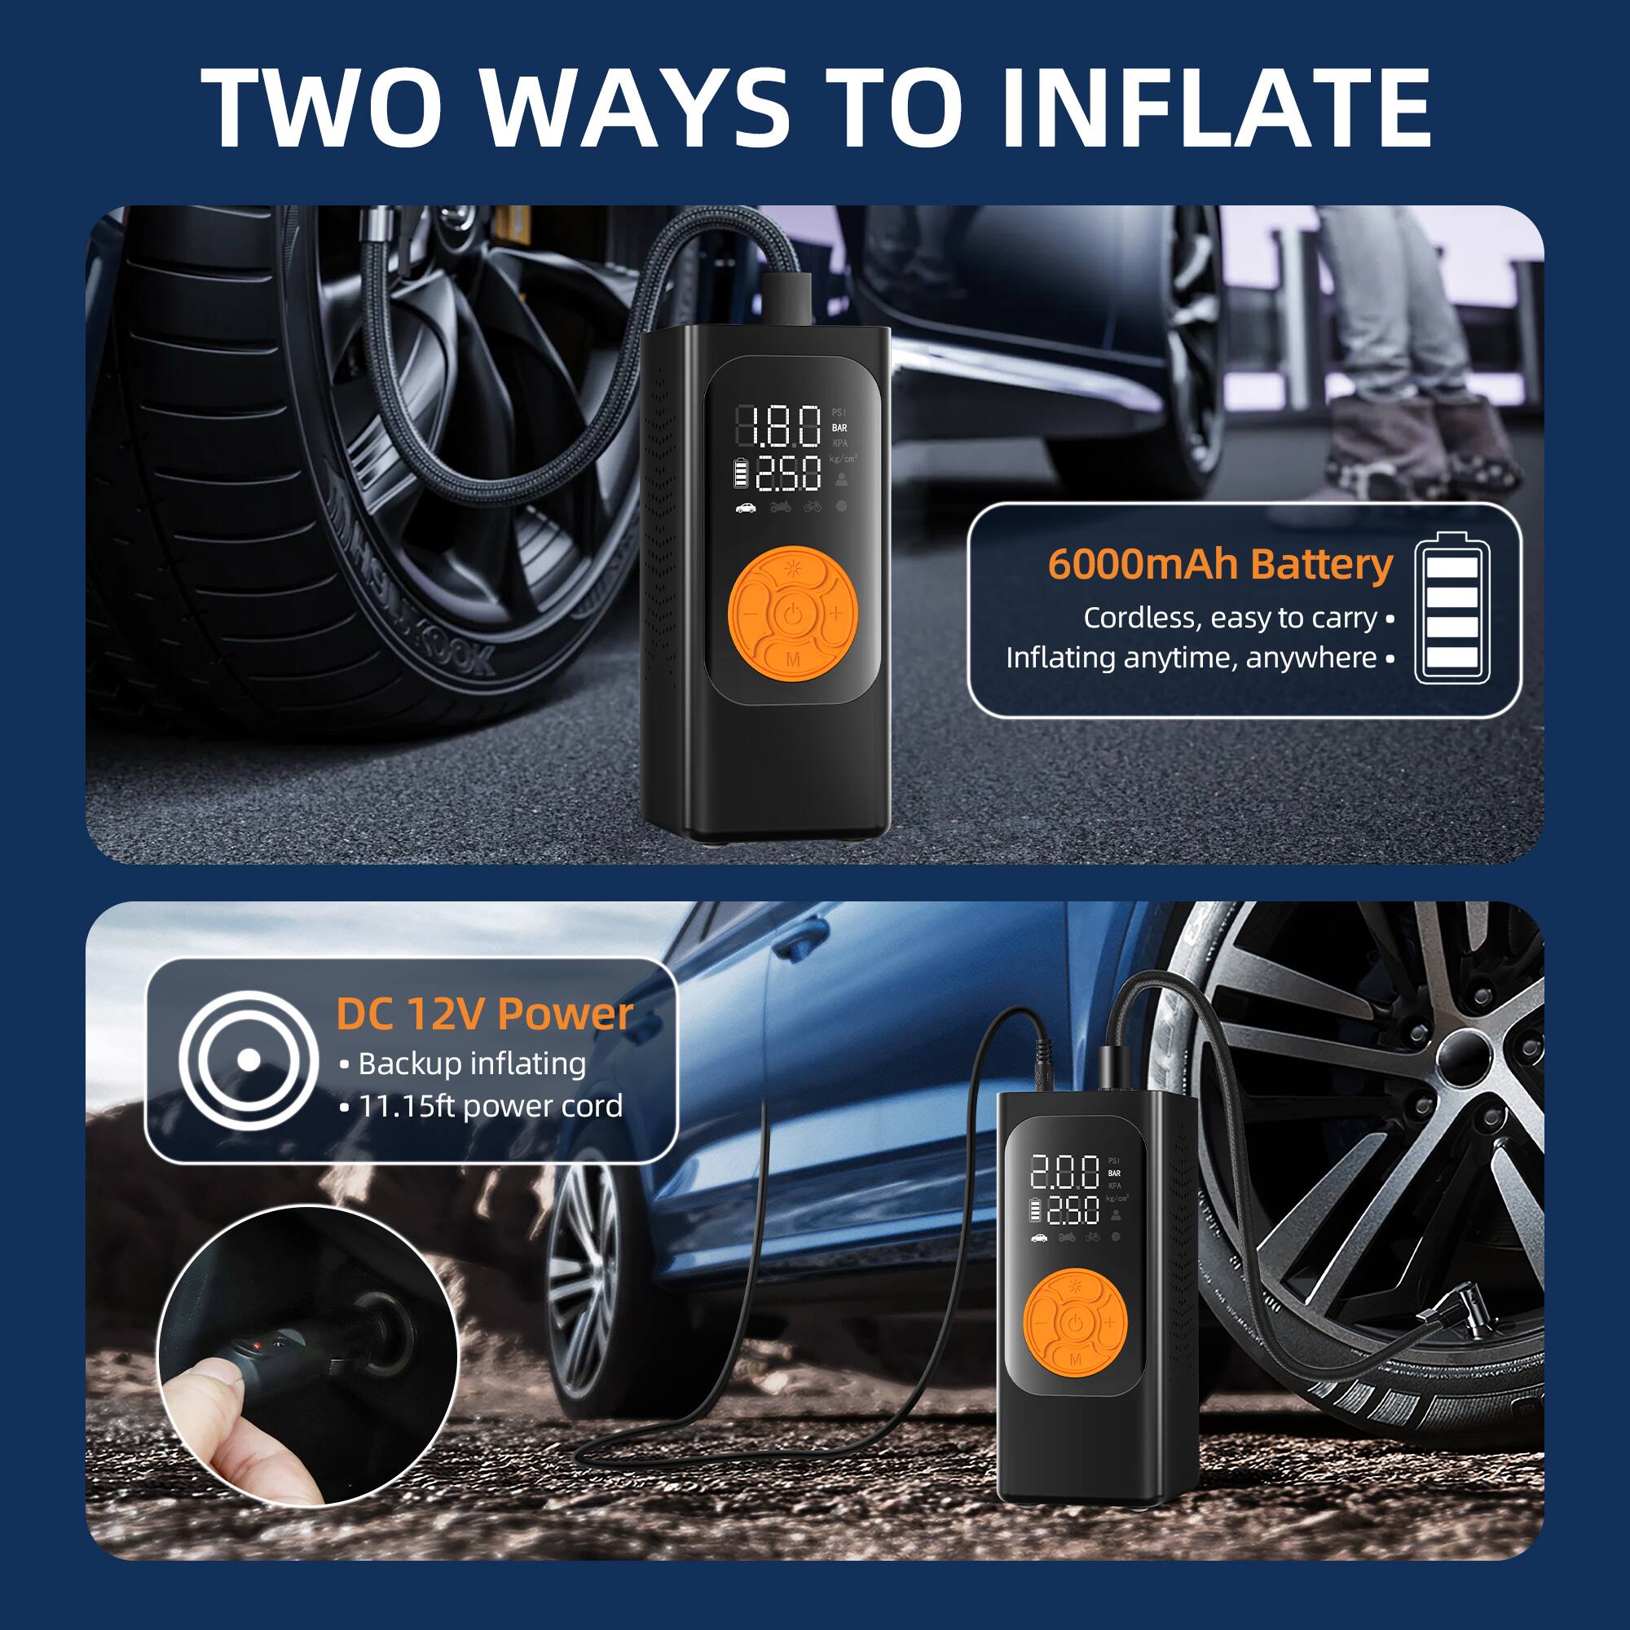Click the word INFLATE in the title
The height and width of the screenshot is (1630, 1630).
coord(1215,108)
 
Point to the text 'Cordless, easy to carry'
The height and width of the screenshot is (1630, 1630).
coord(1230,618)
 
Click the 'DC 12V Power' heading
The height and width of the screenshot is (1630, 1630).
coord(484,1014)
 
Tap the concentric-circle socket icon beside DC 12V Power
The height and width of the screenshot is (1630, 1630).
coord(248,1060)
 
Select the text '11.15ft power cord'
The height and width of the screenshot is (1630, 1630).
coord(490,1106)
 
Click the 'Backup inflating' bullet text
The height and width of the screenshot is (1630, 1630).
coord(472,1064)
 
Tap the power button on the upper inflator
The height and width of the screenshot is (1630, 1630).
coord(792,614)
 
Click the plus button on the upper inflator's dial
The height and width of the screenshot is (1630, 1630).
coord(836,614)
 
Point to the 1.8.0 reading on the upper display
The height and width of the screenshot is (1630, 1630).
coord(777,426)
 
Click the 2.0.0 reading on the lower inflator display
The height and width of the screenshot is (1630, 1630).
coord(1064,1173)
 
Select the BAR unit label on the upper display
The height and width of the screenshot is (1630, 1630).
coord(839,429)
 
